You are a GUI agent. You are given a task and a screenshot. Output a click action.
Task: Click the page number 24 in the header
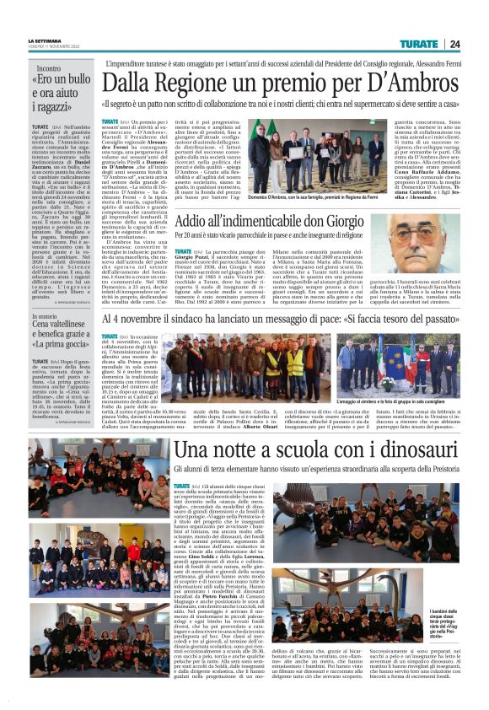[454, 44]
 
